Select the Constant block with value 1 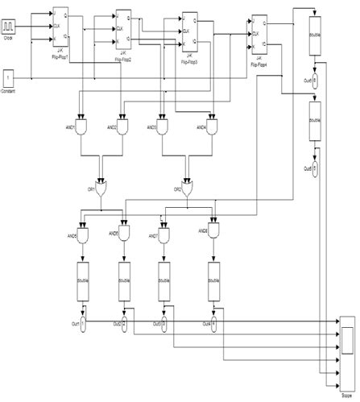pos(9,77)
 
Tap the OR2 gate pos(188,189)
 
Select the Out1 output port pos(82,323)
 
